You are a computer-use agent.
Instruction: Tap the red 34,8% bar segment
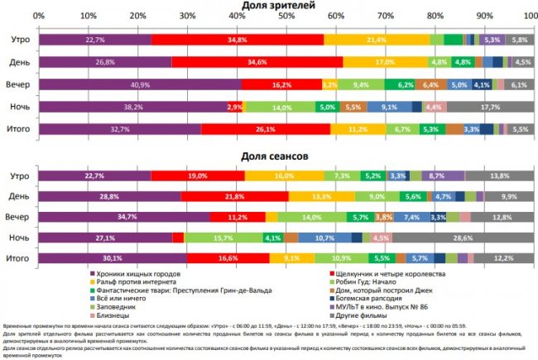point(238,40)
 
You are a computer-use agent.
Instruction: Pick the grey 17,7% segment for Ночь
point(489,107)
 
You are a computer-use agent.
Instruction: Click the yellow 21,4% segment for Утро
point(377,40)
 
